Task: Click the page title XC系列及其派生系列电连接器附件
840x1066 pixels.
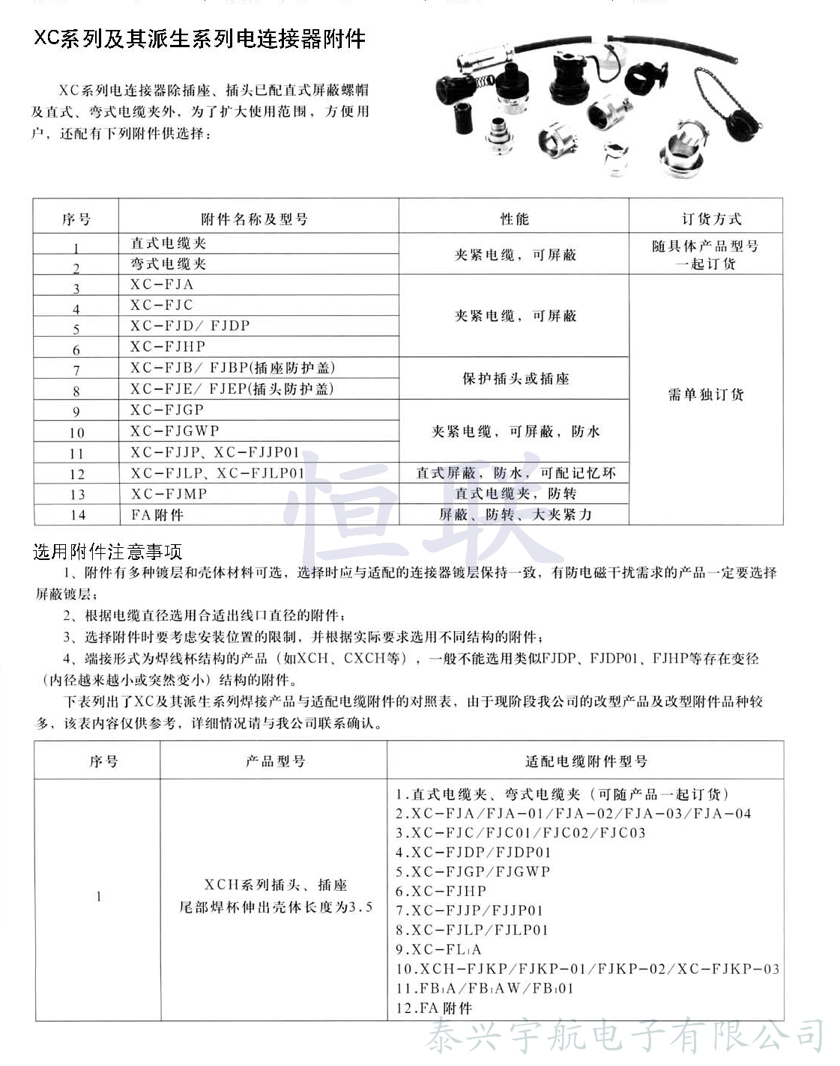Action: [199, 39]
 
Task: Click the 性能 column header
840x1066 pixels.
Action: [514, 219]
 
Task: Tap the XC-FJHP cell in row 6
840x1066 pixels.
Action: [167, 347]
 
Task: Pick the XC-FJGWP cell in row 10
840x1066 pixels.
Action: [175, 430]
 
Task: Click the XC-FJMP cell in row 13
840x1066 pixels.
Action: [169, 493]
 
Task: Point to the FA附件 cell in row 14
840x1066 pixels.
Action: [157, 514]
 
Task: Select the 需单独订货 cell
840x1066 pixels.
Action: [706, 395]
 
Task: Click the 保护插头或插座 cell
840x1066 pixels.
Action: [516, 379]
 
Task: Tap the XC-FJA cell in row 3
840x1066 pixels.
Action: [162, 284]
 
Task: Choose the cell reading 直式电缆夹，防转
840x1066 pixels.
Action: [516, 493]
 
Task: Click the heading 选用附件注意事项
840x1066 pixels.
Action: [108, 552]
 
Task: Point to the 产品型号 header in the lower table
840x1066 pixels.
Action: [275, 761]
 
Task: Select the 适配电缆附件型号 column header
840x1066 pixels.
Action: [586, 761]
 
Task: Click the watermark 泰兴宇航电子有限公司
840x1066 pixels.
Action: [625, 1038]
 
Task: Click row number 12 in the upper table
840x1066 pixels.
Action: [77, 474]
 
